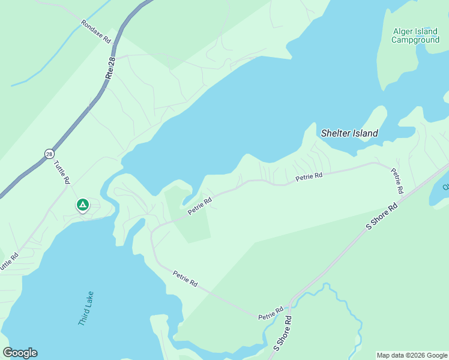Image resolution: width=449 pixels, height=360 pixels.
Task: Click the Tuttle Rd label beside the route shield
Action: (x=62, y=172)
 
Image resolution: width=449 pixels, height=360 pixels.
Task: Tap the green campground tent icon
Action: (x=83, y=205)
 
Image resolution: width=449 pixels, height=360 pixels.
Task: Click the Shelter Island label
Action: (x=349, y=133)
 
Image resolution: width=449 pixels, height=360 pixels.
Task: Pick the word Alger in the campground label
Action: (x=405, y=32)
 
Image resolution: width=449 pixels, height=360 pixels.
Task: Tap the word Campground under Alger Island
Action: (x=415, y=40)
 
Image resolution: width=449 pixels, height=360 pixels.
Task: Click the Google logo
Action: (x=20, y=353)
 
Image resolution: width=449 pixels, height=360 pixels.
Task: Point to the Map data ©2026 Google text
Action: (x=412, y=355)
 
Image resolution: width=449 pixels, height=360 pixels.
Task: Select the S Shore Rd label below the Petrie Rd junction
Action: (x=283, y=333)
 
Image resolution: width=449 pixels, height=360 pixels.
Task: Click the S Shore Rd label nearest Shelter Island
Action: (x=382, y=217)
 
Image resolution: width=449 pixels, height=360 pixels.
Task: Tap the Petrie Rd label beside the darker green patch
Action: (x=200, y=206)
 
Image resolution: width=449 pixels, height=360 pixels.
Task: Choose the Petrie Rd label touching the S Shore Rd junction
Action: (x=271, y=313)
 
